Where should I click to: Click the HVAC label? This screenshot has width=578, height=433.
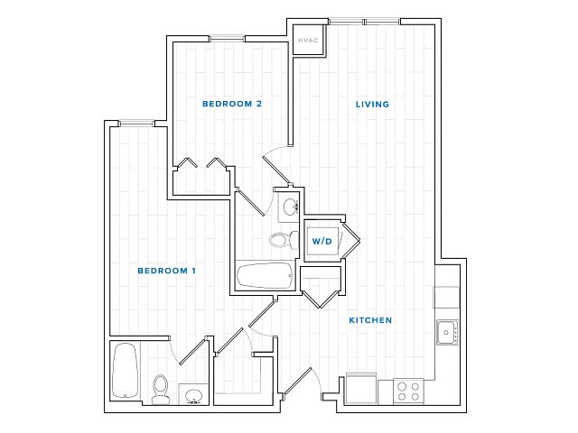[x=308, y=40]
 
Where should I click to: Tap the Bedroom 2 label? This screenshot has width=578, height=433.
[x=232, y=104]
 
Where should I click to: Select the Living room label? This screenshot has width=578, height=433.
[x=372, y=105]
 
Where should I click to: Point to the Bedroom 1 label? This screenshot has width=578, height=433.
[x=166, y=271]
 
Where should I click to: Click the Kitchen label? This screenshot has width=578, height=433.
[x=370, y=320]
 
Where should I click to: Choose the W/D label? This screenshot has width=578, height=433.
[x=322, y=241]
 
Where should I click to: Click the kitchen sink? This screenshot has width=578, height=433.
[x=448, y=333]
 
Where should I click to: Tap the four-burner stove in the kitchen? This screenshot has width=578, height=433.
[x=408, y=392]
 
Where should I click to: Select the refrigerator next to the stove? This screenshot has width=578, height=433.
[x=361, y=389]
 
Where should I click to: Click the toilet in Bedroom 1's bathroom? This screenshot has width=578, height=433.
[x=161, y=390]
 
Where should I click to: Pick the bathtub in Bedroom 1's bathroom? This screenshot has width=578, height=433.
[x=126, y=371]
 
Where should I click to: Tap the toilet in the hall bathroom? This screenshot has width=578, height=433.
[x=284, y=240]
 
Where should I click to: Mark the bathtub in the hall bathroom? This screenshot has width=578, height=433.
[x=265, y=276]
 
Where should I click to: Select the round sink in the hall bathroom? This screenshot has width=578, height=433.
[x=290, y=207]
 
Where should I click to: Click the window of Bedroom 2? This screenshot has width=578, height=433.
[x=227, y=38]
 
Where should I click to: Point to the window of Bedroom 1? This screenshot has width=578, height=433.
[x=136, y=124]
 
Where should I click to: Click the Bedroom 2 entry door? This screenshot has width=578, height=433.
[x=276, y=170]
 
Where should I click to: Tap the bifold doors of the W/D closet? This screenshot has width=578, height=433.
[x=351, y=240]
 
